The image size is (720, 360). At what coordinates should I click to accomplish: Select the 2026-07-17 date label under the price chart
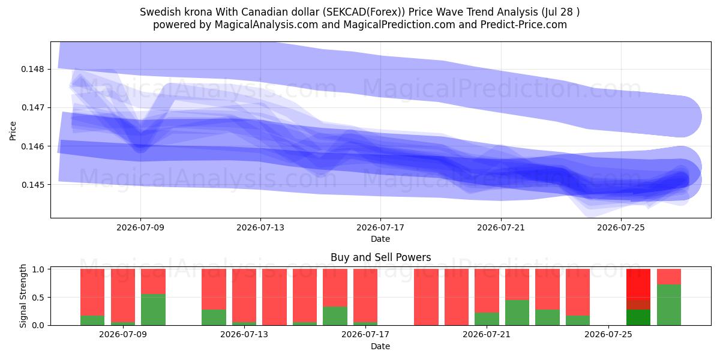point(380,227)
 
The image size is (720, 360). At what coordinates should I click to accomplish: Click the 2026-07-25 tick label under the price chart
point(621,227)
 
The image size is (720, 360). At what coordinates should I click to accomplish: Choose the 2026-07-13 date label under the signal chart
point(244,334)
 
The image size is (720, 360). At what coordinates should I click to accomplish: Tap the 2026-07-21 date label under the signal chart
point(487,334)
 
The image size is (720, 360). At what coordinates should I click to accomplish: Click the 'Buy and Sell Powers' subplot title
point(380,257)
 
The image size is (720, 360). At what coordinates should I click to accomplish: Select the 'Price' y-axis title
point(13,131)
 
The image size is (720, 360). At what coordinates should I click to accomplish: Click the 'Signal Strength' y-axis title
point(23,296)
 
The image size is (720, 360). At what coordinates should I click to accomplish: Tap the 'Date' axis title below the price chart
point(380,239)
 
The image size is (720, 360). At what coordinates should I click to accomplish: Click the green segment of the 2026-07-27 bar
point(668,305)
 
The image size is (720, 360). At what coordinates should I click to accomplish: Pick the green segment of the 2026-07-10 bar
point(153,310)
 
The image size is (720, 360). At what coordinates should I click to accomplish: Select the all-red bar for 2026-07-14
point(274,297)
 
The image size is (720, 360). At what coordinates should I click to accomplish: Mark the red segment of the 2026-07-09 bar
point(123,295)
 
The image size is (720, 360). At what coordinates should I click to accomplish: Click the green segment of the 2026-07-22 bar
point(517,313)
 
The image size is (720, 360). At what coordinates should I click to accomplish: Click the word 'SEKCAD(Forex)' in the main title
point(364,12)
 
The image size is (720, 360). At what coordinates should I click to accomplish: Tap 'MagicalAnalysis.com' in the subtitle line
point(266,25)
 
